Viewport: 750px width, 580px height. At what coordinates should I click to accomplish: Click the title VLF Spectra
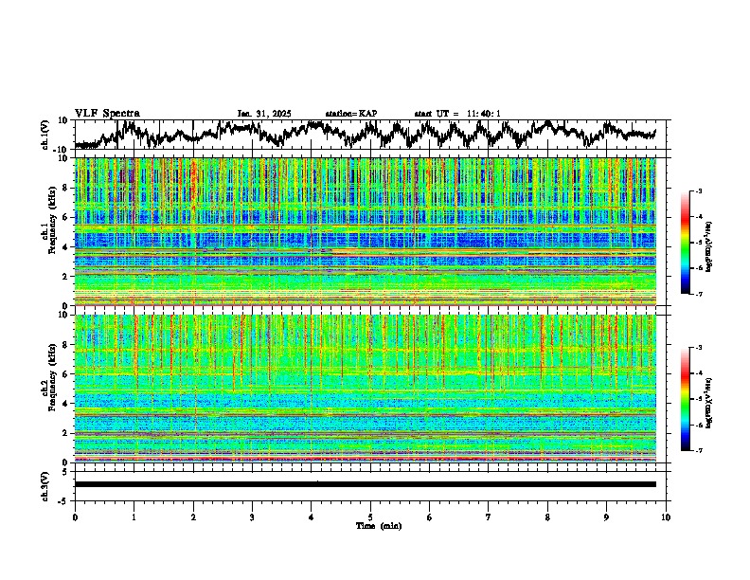107,113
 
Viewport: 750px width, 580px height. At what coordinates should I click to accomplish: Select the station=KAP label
351,114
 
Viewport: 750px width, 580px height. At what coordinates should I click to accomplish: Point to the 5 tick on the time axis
370,517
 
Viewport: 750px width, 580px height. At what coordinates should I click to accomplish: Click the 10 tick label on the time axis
666,517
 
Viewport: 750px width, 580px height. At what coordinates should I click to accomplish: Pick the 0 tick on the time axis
75,517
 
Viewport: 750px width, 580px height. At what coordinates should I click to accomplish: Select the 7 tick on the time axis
489,517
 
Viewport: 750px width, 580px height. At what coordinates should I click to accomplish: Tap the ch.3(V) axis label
45,483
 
